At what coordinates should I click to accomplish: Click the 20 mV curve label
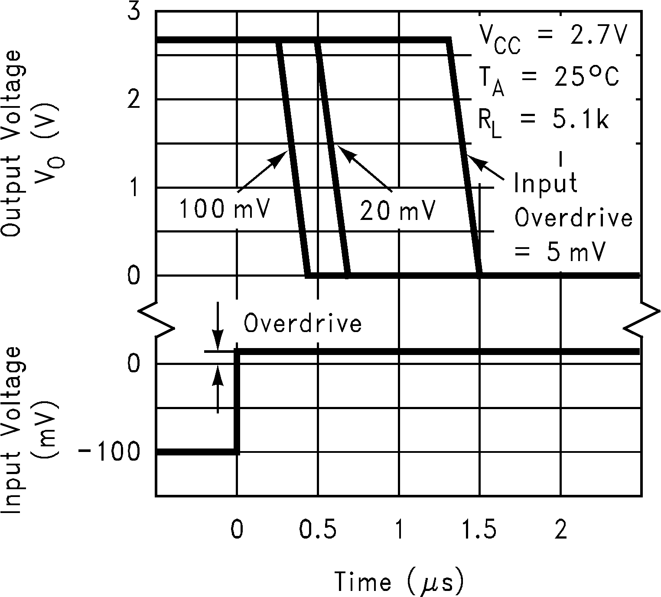(397, 212)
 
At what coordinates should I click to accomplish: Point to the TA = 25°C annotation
(548, 79)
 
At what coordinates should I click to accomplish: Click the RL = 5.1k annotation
(544, 122)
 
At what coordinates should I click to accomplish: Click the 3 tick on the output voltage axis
(134, 12)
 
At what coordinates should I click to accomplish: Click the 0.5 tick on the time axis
(319, 531)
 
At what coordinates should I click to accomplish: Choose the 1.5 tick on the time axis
(479, 531)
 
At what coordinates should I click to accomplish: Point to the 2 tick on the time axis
(561, 531)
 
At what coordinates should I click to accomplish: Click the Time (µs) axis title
(399, 581)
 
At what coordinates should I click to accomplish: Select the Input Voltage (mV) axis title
(31, 430)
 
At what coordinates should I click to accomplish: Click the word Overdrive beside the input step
(303, 324)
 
